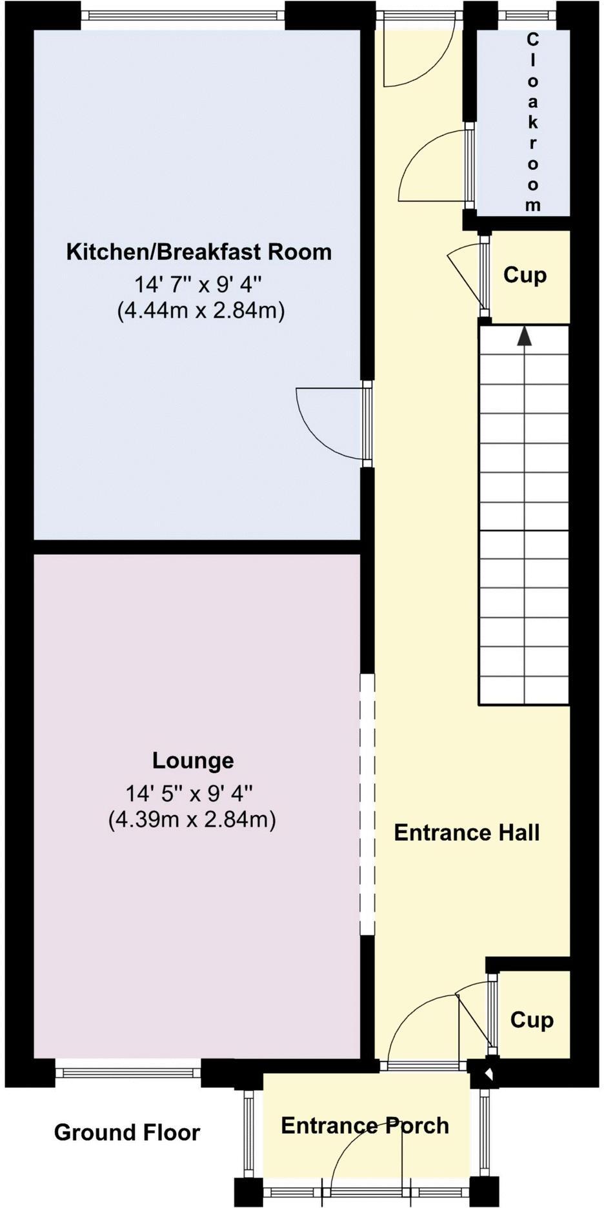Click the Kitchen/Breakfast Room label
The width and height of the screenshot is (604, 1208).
point(199,252)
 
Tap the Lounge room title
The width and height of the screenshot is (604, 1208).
point(193,760)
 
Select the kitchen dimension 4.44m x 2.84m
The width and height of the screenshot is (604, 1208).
point(201,311)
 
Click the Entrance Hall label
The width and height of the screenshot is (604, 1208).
point(467,832)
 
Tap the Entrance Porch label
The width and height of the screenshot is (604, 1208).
point(365,1125)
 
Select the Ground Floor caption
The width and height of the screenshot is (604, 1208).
point(127,1132)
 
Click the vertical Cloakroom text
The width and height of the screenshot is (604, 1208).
point(532,123)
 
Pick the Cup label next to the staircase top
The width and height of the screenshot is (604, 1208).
point(525,275)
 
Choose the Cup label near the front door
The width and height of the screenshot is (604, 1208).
point(532,1020)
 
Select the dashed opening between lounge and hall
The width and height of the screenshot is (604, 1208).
point(367,803)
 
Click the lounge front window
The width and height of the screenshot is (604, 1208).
point(128,1072)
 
